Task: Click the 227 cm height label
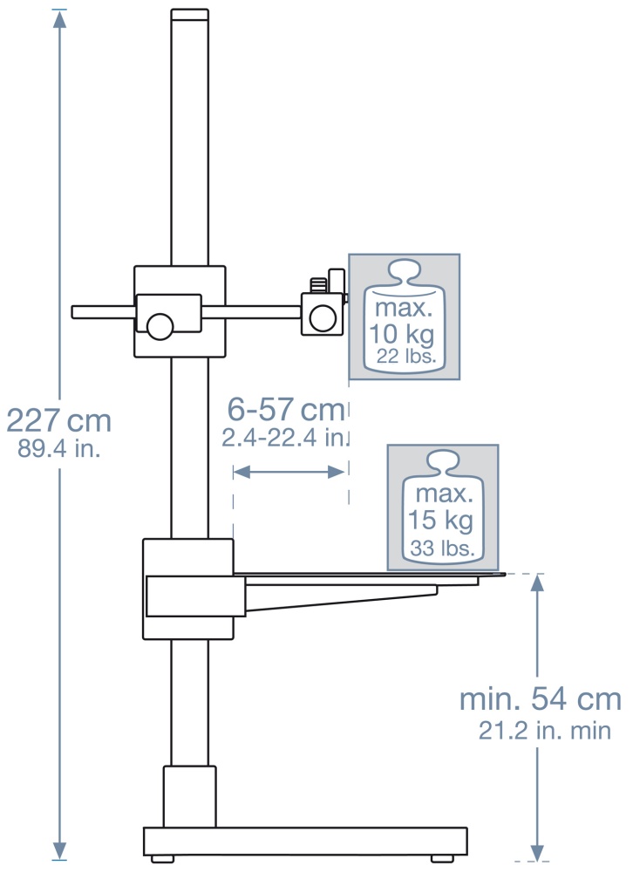58,420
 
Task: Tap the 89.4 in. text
59,448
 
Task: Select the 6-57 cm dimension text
286,410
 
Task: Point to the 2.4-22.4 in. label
284,438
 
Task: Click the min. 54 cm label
540,699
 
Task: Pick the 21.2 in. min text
545,730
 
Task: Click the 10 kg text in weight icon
402,334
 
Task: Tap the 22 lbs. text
405,356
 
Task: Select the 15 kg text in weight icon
440,521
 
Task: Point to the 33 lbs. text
443,548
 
